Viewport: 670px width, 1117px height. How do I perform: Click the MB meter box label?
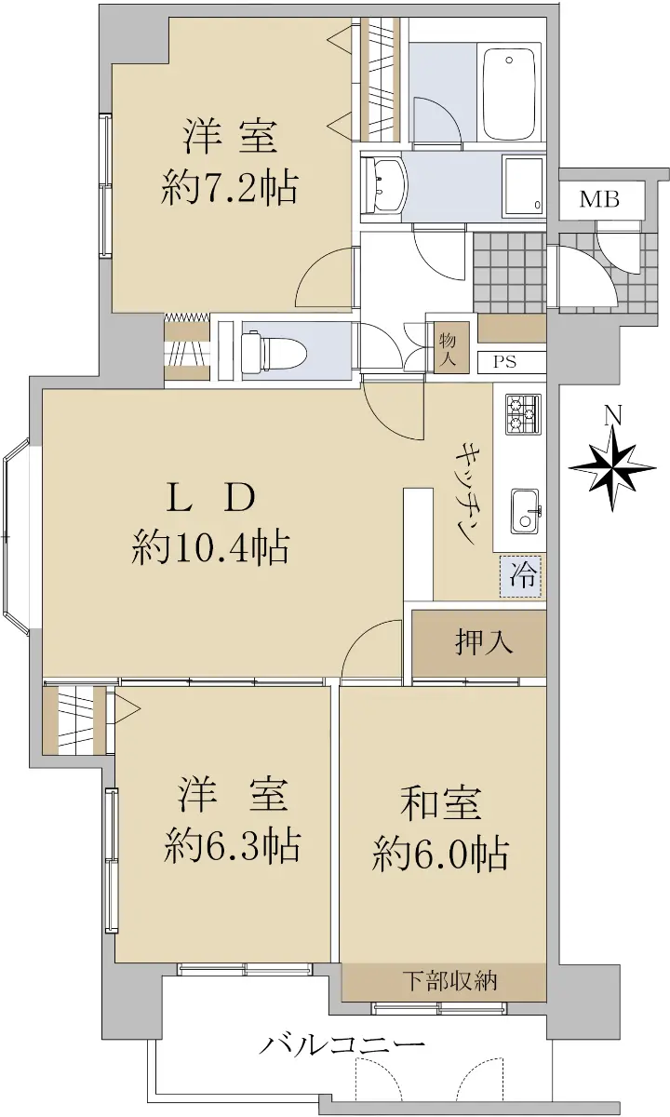[599, 199]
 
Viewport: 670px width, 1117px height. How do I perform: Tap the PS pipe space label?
[505, 362]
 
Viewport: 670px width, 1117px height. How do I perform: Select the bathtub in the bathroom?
[509, 94]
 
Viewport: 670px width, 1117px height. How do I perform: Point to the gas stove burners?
[523, 414]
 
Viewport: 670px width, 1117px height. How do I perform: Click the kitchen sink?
[526, 511]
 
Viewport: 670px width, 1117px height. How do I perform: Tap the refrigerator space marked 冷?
[521, 576]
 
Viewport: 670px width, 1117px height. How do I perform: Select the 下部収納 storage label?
[450, 981]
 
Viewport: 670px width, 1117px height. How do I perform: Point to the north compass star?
[612, 467]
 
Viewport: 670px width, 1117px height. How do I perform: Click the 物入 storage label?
[448, 350]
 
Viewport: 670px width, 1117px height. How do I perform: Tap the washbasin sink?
[382, 184]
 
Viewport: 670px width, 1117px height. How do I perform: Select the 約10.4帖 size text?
[210, 547]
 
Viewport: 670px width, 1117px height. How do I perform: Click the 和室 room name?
[441, 803]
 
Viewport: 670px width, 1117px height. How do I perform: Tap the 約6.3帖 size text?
[233, 846]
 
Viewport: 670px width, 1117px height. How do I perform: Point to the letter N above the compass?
[612, 415]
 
